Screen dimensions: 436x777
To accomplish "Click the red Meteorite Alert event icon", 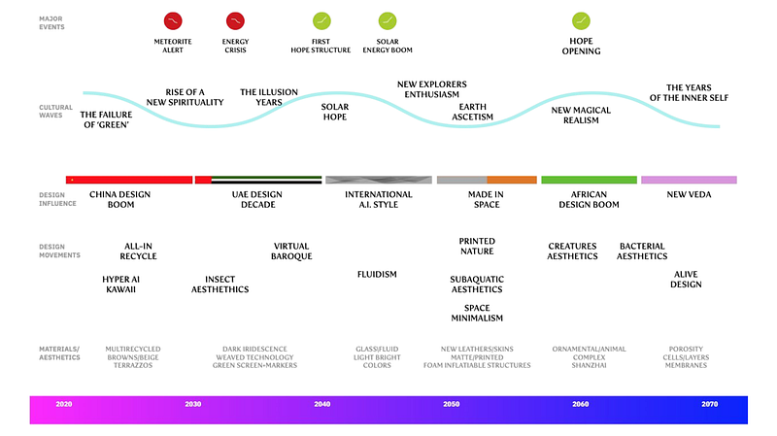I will click(x=172, y=20).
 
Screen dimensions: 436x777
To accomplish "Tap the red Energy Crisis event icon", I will click(x=235, y=20).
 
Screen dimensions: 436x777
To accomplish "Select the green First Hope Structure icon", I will click(x=322, y=20).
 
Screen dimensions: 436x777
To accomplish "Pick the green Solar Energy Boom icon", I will click(x=387, y=20).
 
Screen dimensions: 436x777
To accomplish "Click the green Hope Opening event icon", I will click(x=581, y=20).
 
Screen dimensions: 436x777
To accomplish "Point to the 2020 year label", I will click(x=64, y=403).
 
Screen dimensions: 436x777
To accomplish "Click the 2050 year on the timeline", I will click(x=452, y=403).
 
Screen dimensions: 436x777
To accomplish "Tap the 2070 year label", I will click(x=710, y=403).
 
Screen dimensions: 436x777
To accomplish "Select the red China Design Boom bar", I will click(x=128, y=180).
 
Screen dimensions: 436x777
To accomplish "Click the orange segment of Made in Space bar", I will click(x=511, y=180).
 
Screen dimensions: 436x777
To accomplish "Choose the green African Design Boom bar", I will click(x=589, y=180).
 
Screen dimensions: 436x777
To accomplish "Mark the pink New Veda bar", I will click(x=689, y=180).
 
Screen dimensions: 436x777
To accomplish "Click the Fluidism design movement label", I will click(x=377, y=274).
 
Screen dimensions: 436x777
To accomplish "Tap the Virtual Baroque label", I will click(x=291, y=252).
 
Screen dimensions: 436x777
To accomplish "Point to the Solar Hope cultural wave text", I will click(x=335, y=112).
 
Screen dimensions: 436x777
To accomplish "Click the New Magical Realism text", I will click(x=581, y=116).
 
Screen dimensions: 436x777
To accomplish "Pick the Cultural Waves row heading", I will click(x=55, y=111).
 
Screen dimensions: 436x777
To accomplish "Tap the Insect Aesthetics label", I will click(x=220, y=285).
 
